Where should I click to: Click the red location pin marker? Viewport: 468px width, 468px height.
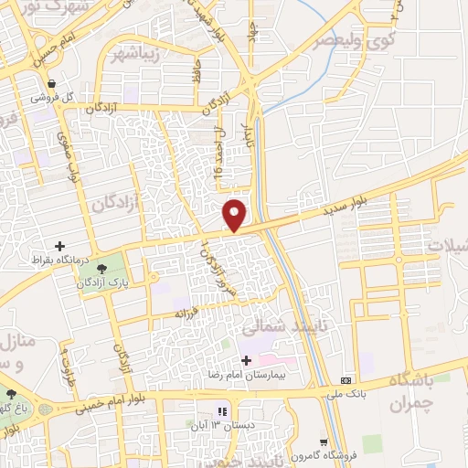pyautogui.click(x=235, y=214)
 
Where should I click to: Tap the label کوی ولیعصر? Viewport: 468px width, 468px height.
pyautogui.click(x=341, y=40)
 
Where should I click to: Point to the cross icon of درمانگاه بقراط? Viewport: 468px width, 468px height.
pyautogui.click(x=61, y=246)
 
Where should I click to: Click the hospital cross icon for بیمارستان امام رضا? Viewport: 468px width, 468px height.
pyautogui.click(x=246, y=360)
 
